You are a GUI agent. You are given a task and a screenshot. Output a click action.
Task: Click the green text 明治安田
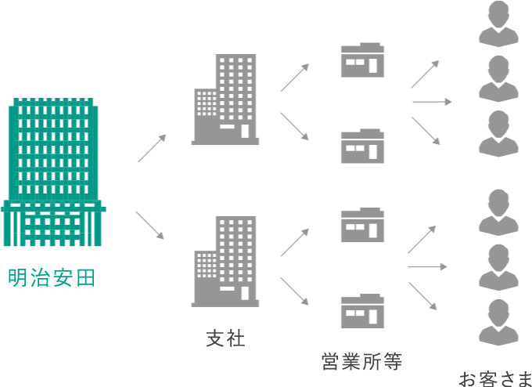52,277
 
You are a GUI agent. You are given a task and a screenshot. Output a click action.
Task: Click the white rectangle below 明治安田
56,304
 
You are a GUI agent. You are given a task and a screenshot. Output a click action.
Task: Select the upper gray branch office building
226,99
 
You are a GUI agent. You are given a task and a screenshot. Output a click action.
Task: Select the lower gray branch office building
226,261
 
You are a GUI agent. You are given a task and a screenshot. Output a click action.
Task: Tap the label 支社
225,338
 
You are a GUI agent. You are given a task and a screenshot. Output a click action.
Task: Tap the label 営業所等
361,361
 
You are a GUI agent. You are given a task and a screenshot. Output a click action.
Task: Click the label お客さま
494,379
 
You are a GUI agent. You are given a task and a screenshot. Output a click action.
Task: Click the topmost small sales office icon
362,60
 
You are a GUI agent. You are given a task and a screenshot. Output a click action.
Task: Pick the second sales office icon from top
362,146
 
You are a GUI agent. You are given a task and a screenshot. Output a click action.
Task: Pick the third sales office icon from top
362,225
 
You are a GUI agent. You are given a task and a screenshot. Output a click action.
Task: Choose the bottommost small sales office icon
362,311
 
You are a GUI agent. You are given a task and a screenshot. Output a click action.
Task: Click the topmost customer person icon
498,24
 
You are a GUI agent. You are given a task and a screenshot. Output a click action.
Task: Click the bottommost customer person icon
498,322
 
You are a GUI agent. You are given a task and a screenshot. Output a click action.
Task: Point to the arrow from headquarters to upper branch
152,148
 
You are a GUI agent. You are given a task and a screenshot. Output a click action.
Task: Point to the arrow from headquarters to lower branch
149,225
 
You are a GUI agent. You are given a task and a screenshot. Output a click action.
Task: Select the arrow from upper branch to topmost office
294,78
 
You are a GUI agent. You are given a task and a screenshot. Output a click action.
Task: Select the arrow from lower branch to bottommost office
294,290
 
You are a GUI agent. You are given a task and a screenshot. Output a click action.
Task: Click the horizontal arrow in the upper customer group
432,101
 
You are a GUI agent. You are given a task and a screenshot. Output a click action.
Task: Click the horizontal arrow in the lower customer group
427,267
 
